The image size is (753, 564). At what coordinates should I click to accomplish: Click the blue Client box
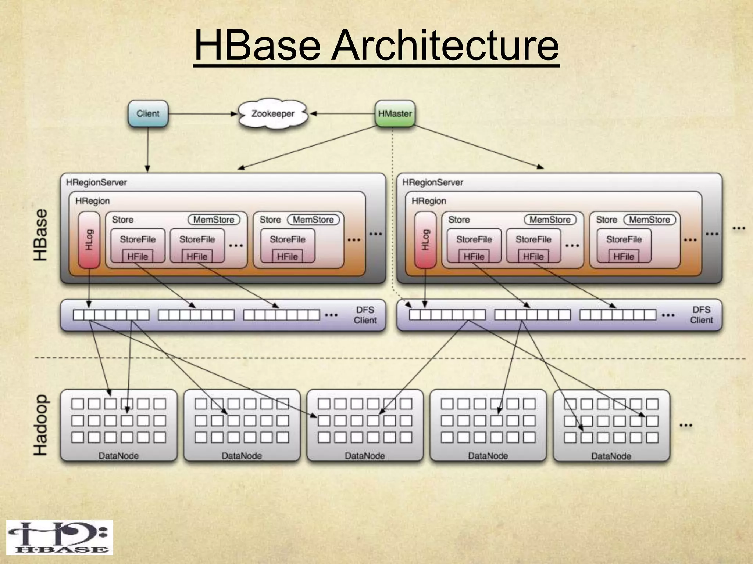148,114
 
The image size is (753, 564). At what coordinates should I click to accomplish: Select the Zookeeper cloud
273,114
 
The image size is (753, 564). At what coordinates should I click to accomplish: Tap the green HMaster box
395,114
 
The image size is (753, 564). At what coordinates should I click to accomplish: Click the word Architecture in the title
445,46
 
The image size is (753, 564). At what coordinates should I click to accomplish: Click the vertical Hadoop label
40,425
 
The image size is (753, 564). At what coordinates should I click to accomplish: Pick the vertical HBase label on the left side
40,235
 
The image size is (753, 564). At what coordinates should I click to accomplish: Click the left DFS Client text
365,315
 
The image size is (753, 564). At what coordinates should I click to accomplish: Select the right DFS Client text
701,315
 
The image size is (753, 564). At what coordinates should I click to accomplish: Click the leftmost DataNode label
118,456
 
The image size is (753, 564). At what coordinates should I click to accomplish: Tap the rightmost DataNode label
611,456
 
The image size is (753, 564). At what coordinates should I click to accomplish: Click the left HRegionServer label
96,182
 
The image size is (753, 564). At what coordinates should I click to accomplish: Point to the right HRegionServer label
433,182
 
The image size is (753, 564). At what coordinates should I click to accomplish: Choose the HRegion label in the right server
429,201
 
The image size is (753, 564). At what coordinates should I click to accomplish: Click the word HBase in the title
257,46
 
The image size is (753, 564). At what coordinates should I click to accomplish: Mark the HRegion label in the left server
93,201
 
